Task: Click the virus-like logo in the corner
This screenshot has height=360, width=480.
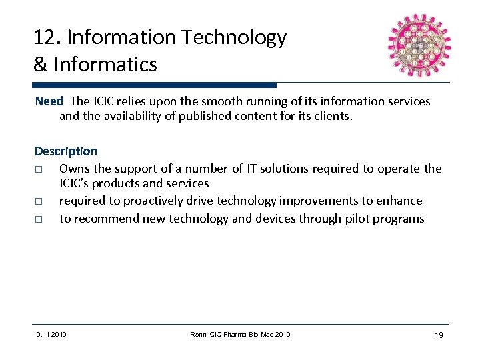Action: click(419, 45)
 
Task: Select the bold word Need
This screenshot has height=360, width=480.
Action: click(48, 101)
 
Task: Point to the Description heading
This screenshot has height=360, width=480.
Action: click(65, 151)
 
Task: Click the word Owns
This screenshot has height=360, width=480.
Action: click(75, 168)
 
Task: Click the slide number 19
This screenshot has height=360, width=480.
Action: click(437, 335)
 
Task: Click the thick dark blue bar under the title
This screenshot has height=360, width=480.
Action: click(154, 85)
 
